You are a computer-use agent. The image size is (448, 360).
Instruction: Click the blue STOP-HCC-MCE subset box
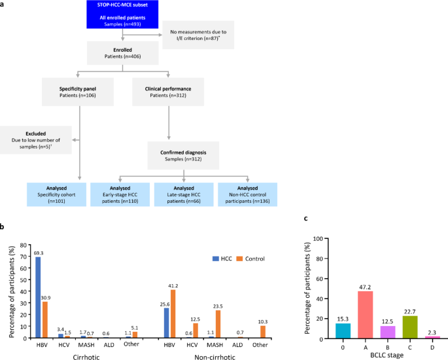pyautogui.click(x=122, y=15)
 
